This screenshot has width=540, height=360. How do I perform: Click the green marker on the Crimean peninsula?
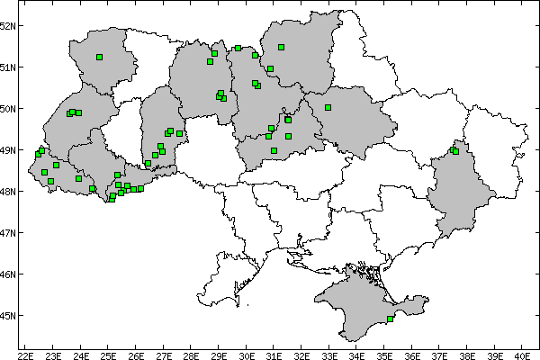(390, 319)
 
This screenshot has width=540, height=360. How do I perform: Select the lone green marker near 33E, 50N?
(328, 107)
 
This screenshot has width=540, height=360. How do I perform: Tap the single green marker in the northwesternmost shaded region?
(99, 57)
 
